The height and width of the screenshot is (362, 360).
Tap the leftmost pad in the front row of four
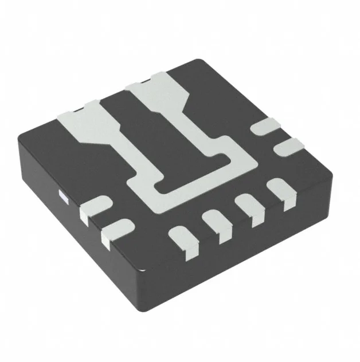(183, 239)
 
